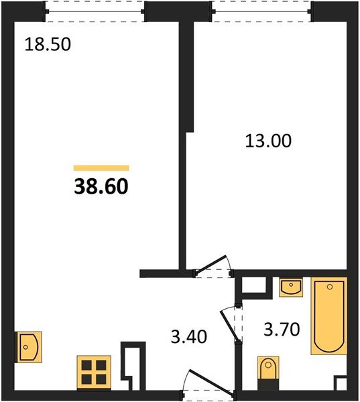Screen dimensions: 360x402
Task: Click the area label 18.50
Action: pyautogui.click(x=48, y=44)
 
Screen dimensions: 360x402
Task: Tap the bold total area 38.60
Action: pyautogui.click(x=101, y=186)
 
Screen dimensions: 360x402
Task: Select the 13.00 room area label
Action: pyautogui.click(x=268, y=141)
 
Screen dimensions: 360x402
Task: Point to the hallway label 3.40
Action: pyautogui.click(x=189, y=336)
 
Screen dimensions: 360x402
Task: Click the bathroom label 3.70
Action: pyautogui.click(x=282, y=329)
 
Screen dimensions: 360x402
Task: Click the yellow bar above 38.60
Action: pyautogui.click(x=101, y=168)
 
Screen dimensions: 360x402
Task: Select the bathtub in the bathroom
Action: pyautogui.click(x=329, y=316)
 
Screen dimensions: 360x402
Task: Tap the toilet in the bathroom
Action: pyautogui.click(x=268, y=372)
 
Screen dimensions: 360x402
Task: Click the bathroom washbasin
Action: pyautogui.click(x=292, y=287)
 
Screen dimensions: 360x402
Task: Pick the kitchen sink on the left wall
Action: pyautogui.click(x=29, y=347)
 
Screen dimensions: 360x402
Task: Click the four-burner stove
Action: pyautogui.click(x=94, y=373)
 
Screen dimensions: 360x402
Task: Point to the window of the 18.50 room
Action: pyautogui.click(x=95, y=11)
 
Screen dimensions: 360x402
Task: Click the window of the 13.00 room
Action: pyautogui.click(x=261, y=11)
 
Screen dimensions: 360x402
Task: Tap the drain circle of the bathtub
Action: pyautogui.click(x=330, y=287)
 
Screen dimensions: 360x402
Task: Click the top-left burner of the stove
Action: pyautogui.click(x=86, y=365)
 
